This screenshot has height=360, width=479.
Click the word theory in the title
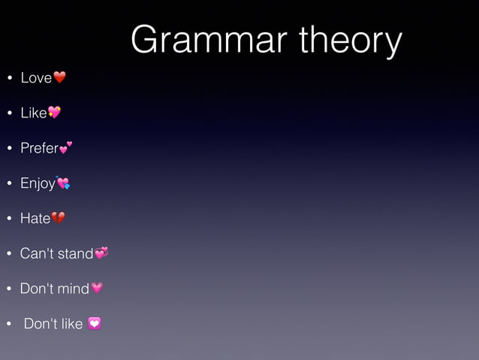click(351, 41)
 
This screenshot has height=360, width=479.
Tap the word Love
click(35, 78)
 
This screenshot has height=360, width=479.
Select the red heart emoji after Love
click(60, 77)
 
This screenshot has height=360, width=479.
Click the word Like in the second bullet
click(33, 113)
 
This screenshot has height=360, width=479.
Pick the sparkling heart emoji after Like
click(54, 113)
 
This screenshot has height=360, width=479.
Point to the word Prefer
click(38, 148)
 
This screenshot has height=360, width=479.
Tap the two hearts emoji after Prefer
click(66, 147)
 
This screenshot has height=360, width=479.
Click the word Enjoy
click(38, 183)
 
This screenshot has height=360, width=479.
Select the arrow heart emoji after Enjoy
click(63, 182)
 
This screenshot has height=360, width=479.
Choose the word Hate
click(35, 219)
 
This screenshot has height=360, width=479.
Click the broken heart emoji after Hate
click(59, 218)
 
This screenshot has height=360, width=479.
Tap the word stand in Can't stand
click(74, 253)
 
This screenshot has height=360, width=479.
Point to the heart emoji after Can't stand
click(101, 253)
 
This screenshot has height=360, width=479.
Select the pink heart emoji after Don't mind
click(97, 288)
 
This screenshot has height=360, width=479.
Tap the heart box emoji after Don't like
click(95, 324)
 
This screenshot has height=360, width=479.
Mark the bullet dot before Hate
click(9, 219)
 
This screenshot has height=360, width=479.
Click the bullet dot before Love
click(9, 79)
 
